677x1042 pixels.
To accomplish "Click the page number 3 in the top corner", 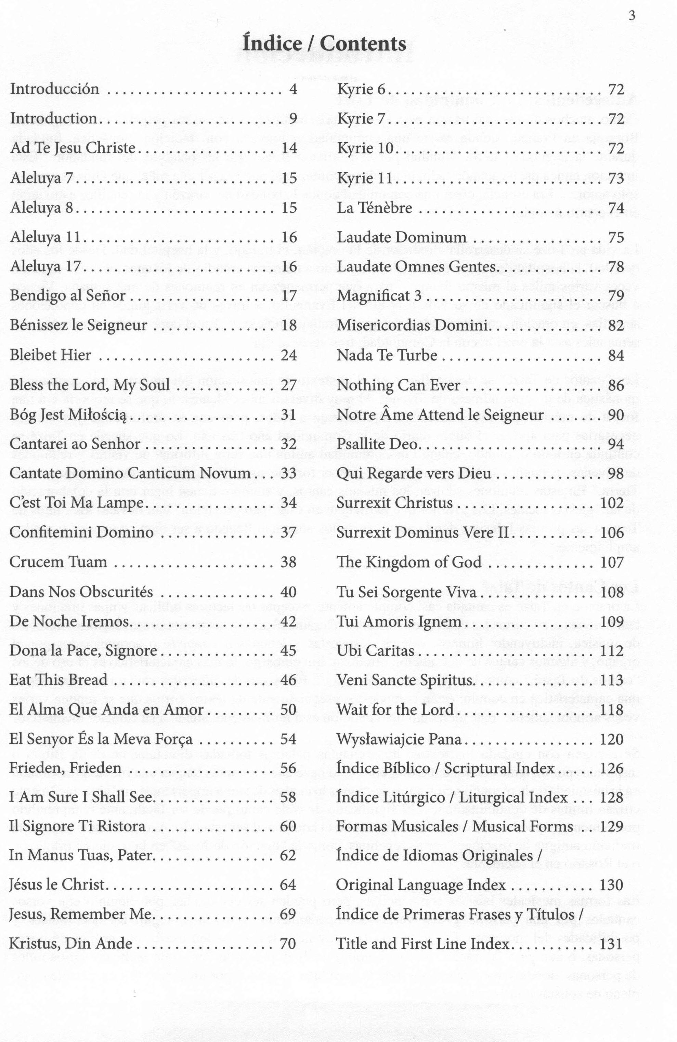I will pyautogui.click(x=632, y=16).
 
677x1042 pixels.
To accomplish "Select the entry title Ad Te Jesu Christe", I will pyautogui.click(x=73, y=148).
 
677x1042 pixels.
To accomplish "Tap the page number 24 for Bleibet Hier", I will pyautogui.click(x=289, y=355).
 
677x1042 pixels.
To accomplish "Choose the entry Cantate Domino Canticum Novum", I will pyautogui.click(x=130, y=473).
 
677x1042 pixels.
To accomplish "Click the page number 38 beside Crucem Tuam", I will pyautogui.click(x=289, y=562).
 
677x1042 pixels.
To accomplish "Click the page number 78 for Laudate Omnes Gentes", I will pyautogui.click(x=616, y=267).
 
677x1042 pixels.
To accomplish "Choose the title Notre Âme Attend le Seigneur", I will pyautogui.click(x=440, y=414).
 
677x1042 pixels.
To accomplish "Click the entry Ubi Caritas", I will pyautogui.click(x=375, y=650).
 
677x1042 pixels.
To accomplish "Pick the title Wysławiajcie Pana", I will pyautogui.click(x=399, y=739).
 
